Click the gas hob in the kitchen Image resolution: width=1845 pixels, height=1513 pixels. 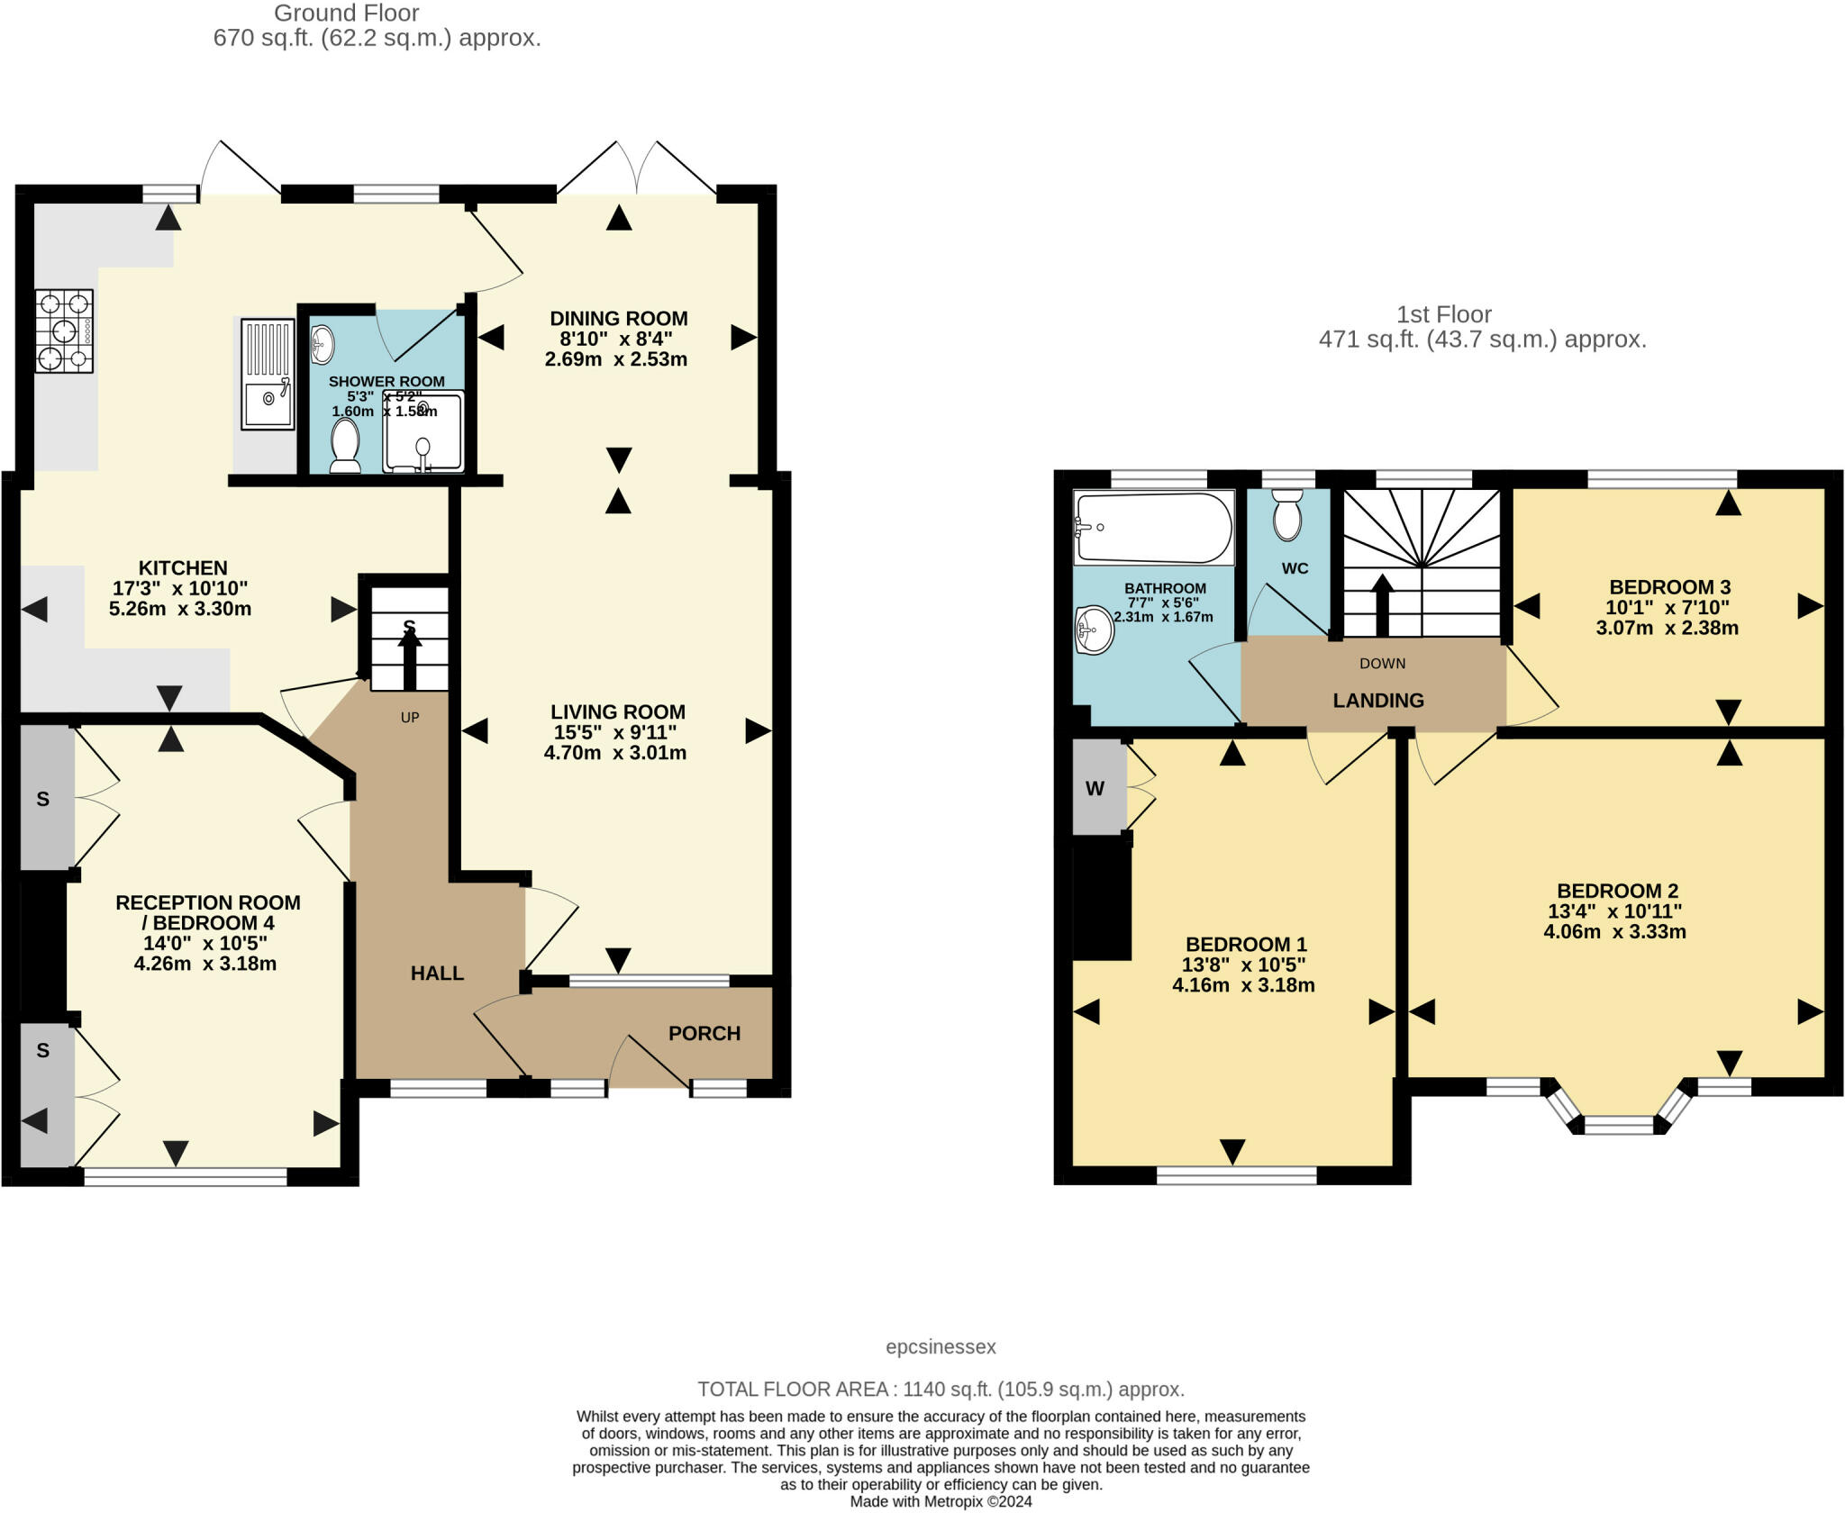click(x=64, y=331)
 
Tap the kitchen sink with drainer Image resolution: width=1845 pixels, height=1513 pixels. click(x=268, y=374)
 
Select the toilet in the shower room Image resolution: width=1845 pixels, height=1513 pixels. click(x=345, y=446)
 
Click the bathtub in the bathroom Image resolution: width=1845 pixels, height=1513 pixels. click(x=1154, y=528)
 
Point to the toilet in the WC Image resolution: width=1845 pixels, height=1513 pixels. click(x=1288, y=514)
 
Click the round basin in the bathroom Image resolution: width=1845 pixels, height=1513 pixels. click(x=1095, y=629)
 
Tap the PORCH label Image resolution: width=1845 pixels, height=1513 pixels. click(x=704, y=1033)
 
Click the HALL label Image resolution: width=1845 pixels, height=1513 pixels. click(x=437, y=973)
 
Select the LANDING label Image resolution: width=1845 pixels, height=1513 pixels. click(x=1377, y=700)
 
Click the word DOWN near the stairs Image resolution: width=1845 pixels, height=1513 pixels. click(x=1382, y=663)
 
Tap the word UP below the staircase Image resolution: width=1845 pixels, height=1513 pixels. click(x=410, y=718)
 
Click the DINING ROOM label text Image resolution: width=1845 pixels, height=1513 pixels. click(x=619, y=318)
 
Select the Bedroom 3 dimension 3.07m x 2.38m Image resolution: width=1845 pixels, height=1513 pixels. click(x=1667, y=628)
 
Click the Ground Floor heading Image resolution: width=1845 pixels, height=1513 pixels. click(x=346, y=14)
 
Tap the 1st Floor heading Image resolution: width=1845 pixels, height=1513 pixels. click(x=1443, y=314)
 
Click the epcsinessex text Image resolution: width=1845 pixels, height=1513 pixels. click(x=941, y=1346)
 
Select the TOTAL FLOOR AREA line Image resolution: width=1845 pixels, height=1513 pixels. click(x=941, y=1389)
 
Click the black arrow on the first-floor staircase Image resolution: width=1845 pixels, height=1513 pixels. click(x=1381, y=603)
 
